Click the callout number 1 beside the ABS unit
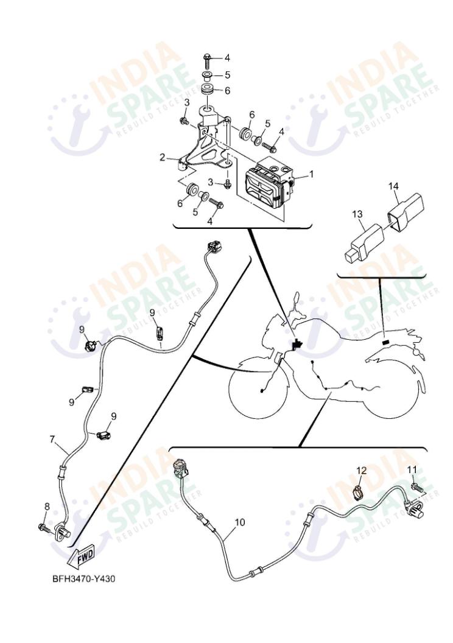(312, 173)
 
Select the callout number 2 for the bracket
(163, 158)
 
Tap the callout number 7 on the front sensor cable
(52, 438)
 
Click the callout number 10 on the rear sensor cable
(239, 522)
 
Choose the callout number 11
(412, 469)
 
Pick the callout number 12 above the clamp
(361, 470)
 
